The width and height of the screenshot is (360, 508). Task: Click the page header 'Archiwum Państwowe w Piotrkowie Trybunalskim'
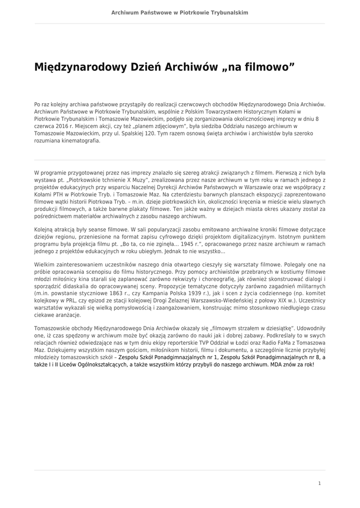pyautogui.click(x=180, y=12)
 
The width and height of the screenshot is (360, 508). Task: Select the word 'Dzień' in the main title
pyautogui.click(x=144, y=66)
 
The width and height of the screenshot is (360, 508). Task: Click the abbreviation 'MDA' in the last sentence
pyautogui.click(x=279, y=364)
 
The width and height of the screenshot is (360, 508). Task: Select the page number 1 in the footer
pyautogui.click(x=320, y=483)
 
